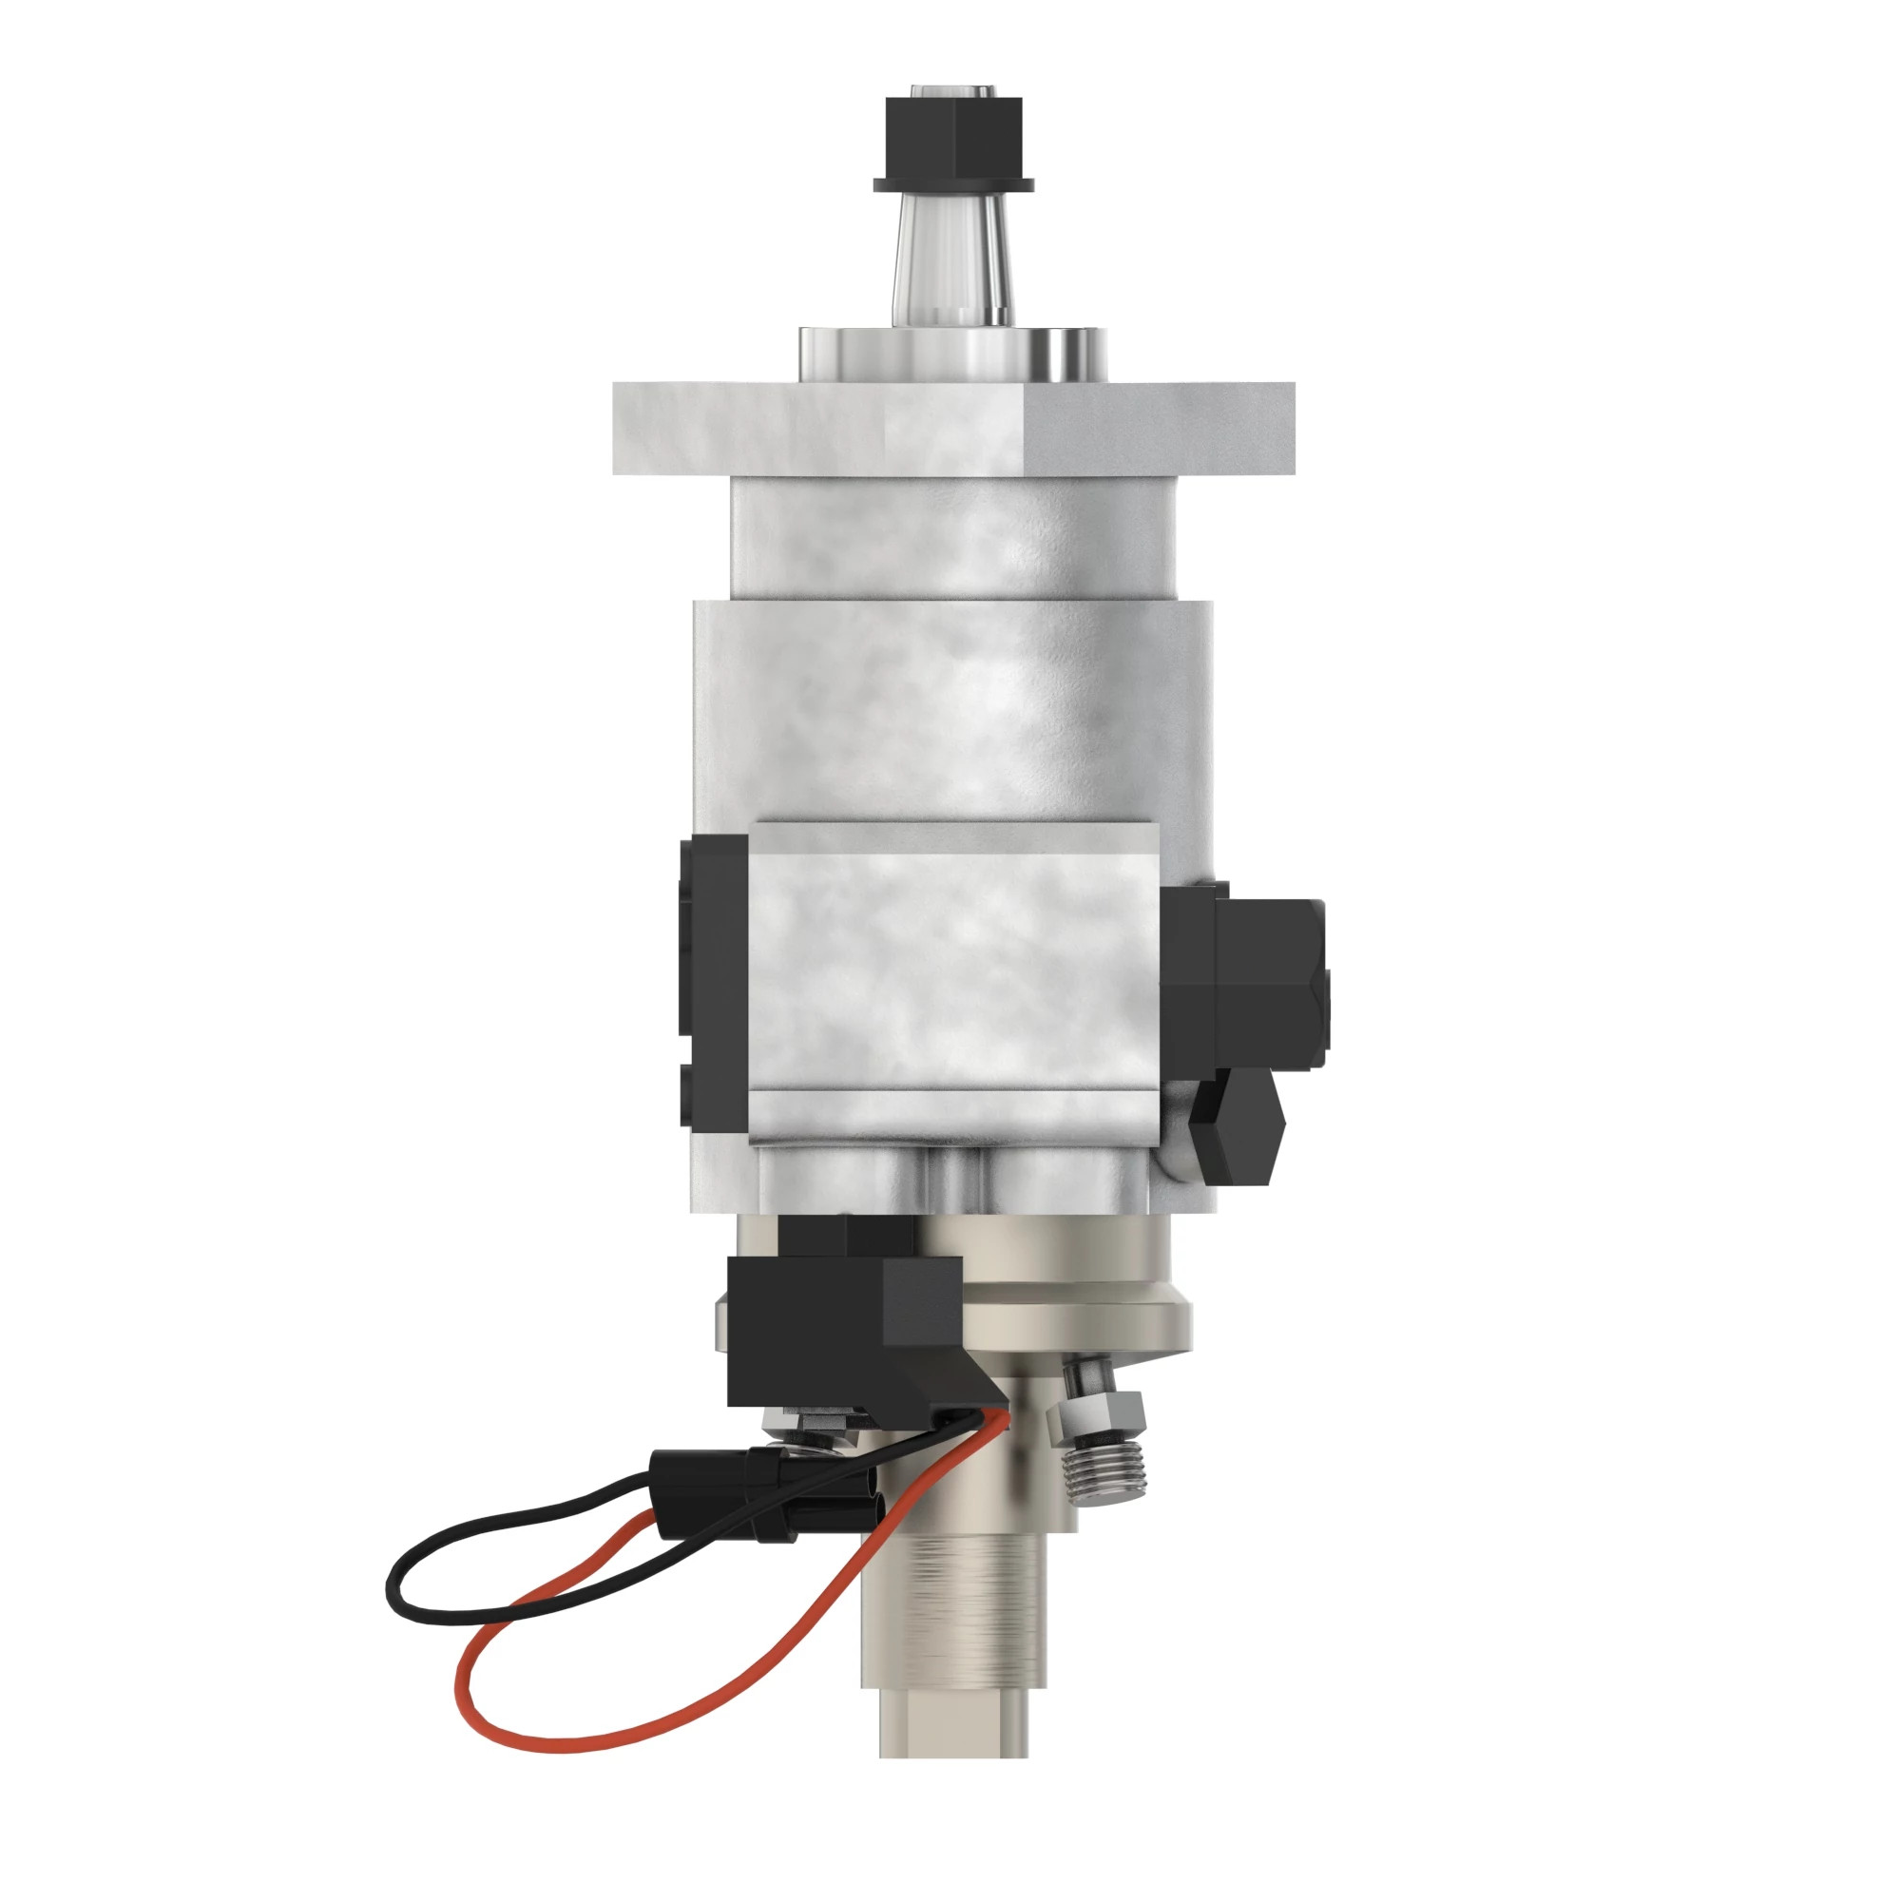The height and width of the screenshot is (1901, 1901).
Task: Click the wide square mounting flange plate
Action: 952,428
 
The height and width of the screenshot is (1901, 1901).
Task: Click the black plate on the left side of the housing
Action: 715,984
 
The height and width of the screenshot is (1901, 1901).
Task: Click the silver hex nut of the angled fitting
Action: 1095,1419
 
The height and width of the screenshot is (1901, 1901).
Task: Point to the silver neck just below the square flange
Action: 952,536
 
